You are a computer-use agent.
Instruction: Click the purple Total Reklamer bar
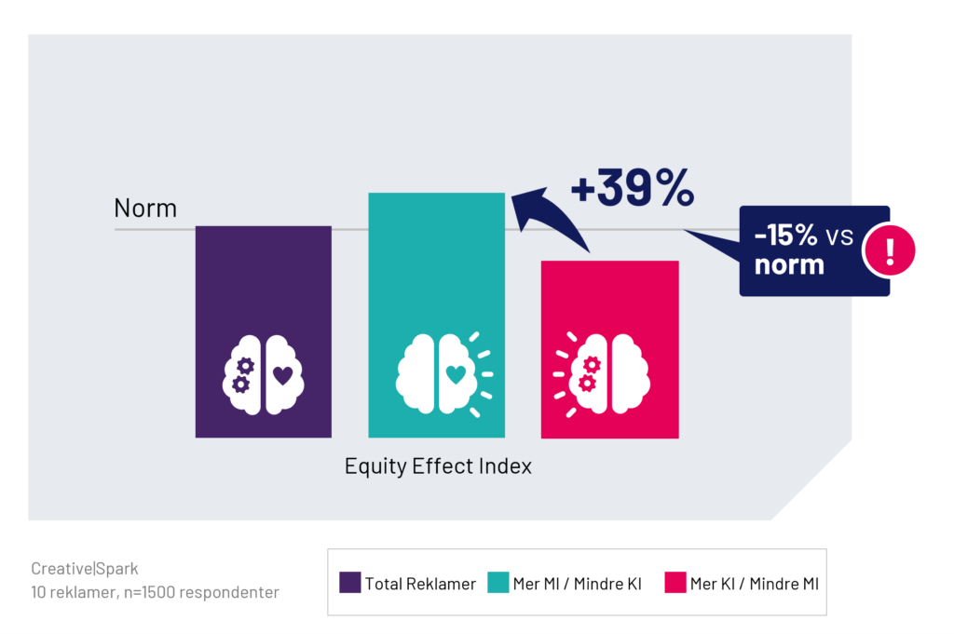[x=264, y=331]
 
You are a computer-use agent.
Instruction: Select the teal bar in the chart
[x=436, y=315]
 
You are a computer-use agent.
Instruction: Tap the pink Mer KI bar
[x=609, y=349]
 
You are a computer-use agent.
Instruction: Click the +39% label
[x=633, y=187]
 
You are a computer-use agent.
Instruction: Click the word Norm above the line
[x=145, y=208]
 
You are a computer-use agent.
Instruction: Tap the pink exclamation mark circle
[x=890, y=250]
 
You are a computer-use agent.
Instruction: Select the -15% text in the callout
[x=785, y=235]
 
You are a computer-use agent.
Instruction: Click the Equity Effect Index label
[x=438, y=466]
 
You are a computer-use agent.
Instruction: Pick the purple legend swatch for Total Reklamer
[x=350, y=582]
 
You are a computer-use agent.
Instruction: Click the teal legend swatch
[x=498, y=582]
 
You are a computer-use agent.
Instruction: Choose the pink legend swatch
[x=675, y=582]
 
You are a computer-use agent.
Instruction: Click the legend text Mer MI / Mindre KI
[x=578, y=584]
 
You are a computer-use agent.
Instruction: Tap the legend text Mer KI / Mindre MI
[x=755, y=584]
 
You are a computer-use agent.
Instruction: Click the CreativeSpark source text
[x=85, y=568]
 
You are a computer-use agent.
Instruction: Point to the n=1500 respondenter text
[x=201, y=592]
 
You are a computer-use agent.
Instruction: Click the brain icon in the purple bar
[x=264, y=374]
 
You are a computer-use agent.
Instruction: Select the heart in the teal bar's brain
[x=456, y=374]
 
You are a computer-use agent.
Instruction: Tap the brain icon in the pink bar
[x=602, y=374]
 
